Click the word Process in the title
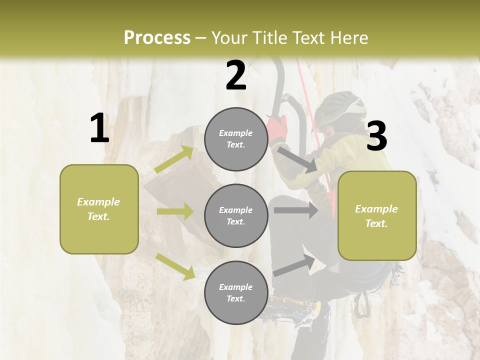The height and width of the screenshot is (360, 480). [157, 38]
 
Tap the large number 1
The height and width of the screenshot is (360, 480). [99, 128]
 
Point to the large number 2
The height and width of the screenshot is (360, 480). [236, 76]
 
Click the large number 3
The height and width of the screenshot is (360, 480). [376, 136]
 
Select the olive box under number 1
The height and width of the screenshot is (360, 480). [99, 209]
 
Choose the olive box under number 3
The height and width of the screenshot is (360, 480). [377, 215]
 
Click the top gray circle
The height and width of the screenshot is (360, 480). [236, 139]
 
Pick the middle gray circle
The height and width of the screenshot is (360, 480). [236, 215]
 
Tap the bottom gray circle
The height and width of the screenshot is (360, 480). [236, 292]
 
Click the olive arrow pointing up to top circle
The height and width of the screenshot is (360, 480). [174, 159]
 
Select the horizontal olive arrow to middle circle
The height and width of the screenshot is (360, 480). [175, 211]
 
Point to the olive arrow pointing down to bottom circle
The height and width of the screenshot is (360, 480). [175, 266]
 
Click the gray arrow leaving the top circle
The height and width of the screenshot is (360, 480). [297, 159]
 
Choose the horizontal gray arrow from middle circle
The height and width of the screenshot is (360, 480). [295, 210]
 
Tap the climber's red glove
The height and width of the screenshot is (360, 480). [278, 128]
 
